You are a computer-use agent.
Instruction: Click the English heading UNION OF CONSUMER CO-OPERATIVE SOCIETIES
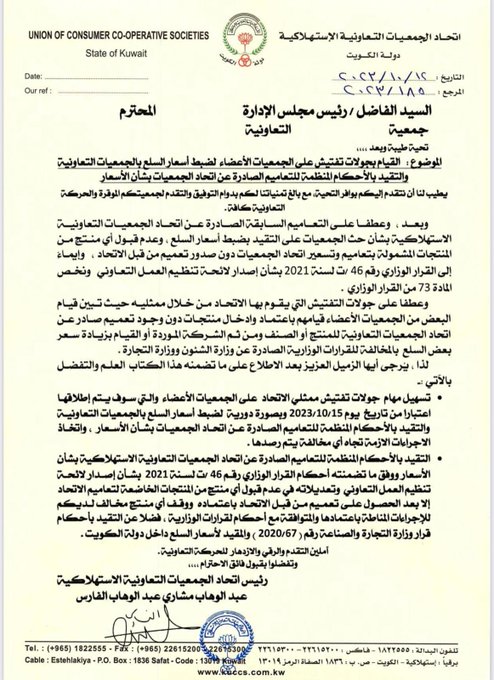[94, 17]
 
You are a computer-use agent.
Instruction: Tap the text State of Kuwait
[93, 37]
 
